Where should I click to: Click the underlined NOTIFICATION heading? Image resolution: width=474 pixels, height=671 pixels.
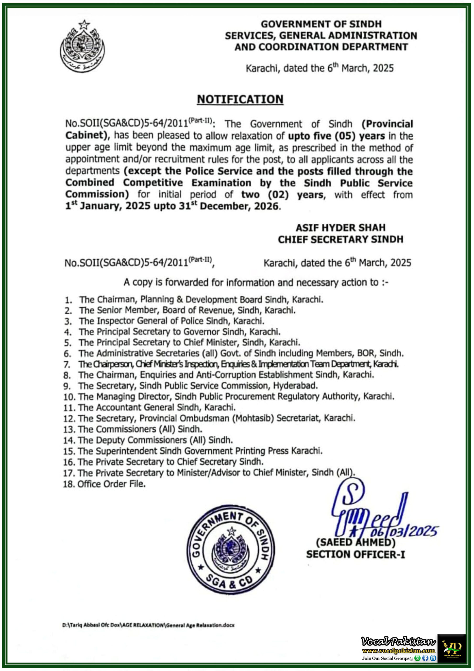240,99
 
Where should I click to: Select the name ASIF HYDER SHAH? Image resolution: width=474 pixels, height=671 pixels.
340,228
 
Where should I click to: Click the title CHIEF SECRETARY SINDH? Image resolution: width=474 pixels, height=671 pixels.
340,240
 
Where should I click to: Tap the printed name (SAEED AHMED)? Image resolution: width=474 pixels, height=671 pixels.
356,543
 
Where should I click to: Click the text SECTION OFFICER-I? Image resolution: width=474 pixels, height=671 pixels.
355,555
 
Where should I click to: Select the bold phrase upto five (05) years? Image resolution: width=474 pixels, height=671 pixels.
337,136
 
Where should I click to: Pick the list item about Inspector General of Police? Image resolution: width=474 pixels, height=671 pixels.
172,321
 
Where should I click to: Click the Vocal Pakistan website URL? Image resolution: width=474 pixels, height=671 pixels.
398,651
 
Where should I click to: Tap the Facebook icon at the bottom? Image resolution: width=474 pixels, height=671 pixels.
425,658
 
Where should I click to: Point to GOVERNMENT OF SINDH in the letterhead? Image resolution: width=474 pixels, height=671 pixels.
321,24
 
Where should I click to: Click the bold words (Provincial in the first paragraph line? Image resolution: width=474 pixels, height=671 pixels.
387,124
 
